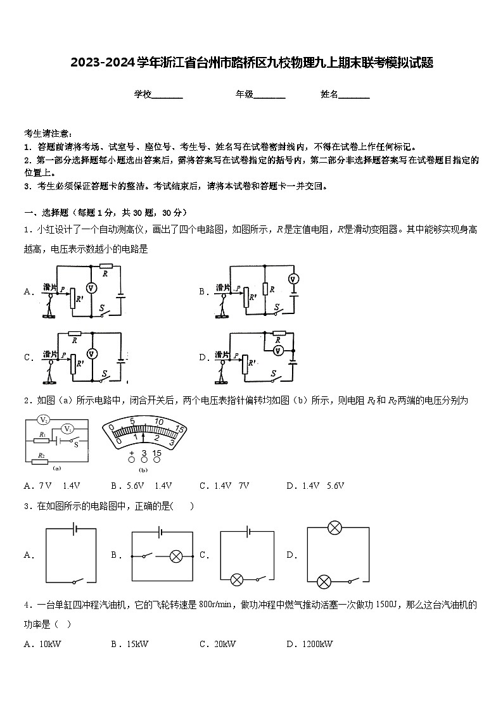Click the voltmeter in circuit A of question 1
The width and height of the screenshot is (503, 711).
[x=91, y=287]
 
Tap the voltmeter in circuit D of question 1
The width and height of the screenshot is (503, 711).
[x=277, y=349]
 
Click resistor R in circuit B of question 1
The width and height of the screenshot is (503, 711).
[x=264, y=289]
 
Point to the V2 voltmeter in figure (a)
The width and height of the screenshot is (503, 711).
[x=43, y=420]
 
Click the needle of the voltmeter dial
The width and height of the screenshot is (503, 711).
[x=143, y=437]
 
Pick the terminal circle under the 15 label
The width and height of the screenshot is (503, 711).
[x=157, y=460]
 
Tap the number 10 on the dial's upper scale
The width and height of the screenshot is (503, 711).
[x=159, y=422]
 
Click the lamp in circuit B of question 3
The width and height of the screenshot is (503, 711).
[x=177, y=557]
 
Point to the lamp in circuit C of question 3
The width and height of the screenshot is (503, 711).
[x=238, y=579]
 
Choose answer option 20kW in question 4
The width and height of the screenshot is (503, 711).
[x=217, y=644]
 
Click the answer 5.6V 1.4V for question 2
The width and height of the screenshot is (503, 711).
[x=141, y=486]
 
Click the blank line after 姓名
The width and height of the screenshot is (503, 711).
[x=354, y=95]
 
